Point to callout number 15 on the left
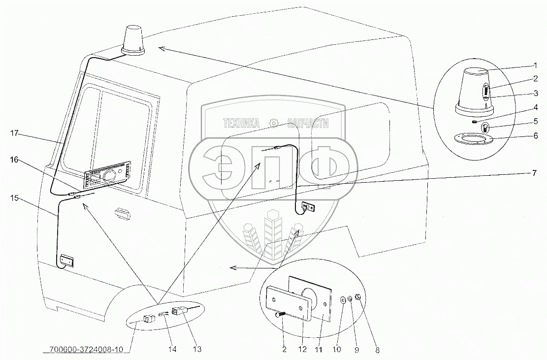pyautogui.click(x=14, y=198)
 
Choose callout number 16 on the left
pyautogui.click(x=14, y=160)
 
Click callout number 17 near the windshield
pyautogui.click(x=14, y=132)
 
